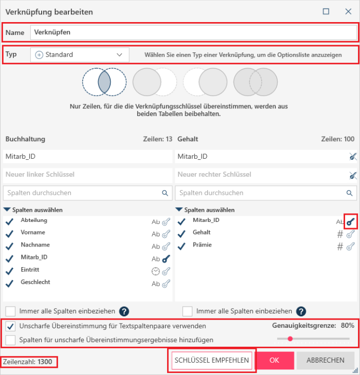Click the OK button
[274, 360]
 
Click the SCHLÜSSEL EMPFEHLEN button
[211, 360]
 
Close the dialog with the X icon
[348, 11]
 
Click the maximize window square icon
[326, 11]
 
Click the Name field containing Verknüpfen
[193, 32]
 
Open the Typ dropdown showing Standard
[80, 55]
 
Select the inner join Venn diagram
[104, 82]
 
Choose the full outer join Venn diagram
[256, 82]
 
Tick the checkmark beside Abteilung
[10, 222]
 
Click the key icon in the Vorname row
[166, 234]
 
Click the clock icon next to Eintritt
[156, 271]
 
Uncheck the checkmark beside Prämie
[182, 247]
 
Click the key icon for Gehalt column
[351, 234]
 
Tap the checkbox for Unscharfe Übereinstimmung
[10, 326]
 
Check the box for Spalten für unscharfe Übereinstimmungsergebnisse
[10, 340]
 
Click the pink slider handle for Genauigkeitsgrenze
[290, 339]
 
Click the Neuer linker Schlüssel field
[87, 175]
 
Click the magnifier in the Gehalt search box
[350, 193]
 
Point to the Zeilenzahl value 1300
[45, 362]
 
